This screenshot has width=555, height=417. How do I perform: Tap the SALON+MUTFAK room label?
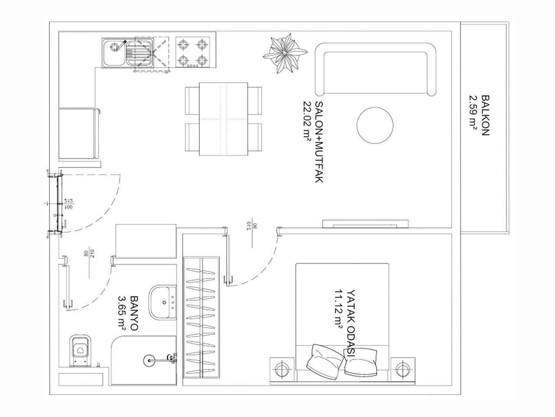(x=319, y=142)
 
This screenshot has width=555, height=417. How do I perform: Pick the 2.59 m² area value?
(x=473, y=116)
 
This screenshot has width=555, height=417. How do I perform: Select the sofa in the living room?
(x=375, y=69)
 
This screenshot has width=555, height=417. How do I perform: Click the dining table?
(x=223, y=119)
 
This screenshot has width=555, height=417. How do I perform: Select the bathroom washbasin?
(x=163, y=302)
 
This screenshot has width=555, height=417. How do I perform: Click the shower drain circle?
(x=148, y=359)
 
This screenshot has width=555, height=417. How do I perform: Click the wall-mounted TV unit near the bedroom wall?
(x=365, y=224)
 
